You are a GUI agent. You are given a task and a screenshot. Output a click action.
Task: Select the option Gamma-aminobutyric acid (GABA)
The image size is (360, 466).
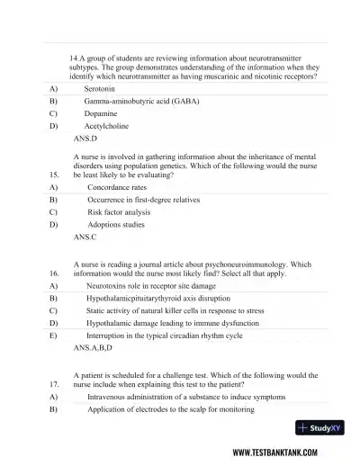click(141, 103)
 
